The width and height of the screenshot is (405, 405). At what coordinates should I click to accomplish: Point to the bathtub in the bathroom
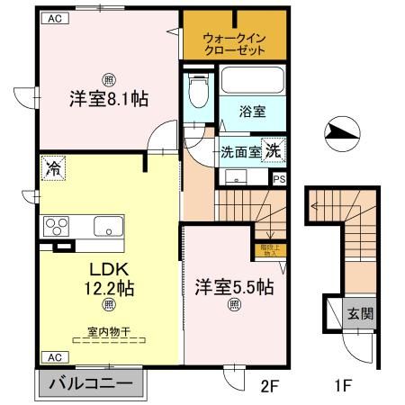click(254, 81)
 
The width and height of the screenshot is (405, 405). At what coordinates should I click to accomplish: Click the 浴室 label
click(252, 112)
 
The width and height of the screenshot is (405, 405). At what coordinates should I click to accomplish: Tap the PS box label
click(280, 178)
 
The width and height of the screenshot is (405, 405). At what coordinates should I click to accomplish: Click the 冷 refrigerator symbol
click(53, 167)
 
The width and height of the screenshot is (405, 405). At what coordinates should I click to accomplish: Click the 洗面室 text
click(240, 152)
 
